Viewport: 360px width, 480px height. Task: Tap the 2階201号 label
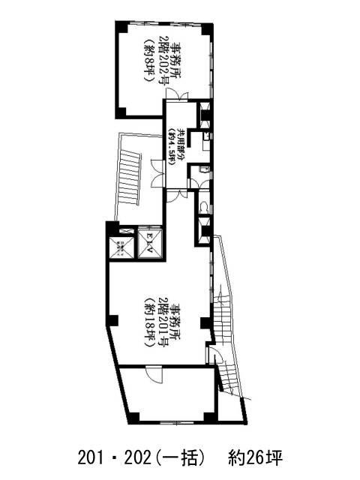(x=163, y=318)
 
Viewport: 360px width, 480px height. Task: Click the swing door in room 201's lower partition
(x=153, y=373)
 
